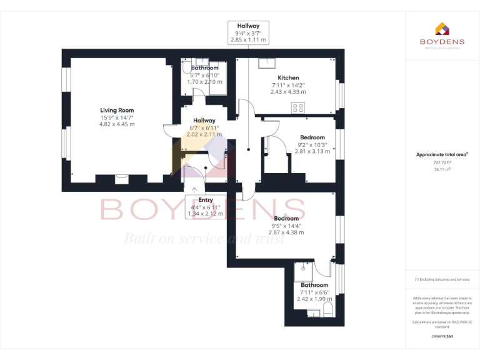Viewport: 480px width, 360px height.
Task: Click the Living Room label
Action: [117, 110]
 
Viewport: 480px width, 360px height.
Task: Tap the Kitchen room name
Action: [288, 77]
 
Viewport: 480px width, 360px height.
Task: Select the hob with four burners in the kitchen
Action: [297, 107]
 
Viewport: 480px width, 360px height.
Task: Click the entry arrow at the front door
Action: [194, 189]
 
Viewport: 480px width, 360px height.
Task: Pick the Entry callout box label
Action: [205, 200]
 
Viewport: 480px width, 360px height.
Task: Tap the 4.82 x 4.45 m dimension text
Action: [117, 124]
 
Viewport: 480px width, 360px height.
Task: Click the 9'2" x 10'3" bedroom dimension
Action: [312, 144]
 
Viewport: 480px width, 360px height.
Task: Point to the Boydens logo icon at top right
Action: [442, 28]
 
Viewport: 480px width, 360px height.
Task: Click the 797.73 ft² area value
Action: [442, 162]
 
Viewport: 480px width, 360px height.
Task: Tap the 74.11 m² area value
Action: [442, 169]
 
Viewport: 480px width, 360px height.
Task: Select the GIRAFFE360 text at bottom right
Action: [442, 336]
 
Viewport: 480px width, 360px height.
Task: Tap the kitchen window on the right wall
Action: [341, 93]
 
